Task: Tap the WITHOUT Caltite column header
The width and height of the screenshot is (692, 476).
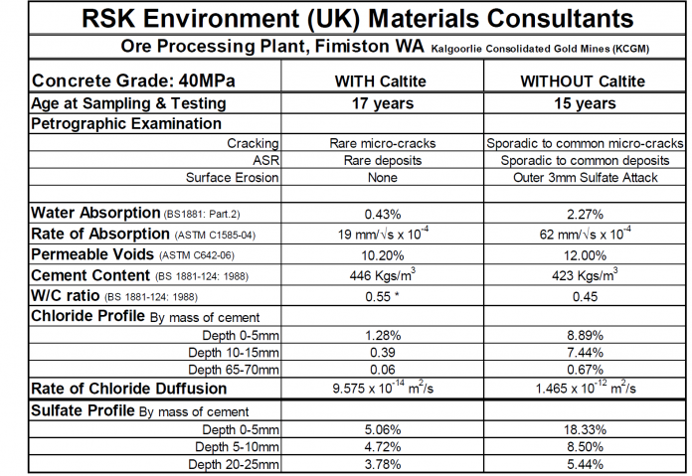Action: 577,81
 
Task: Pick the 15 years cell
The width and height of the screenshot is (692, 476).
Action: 577,103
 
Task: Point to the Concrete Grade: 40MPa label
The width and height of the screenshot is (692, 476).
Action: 121,81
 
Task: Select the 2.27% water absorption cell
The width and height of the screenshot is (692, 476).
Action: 577,213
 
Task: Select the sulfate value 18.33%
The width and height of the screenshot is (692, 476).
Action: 577,428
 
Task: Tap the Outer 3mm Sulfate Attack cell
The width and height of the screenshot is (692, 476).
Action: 577,177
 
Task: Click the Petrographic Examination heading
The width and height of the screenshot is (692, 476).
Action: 126,123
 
